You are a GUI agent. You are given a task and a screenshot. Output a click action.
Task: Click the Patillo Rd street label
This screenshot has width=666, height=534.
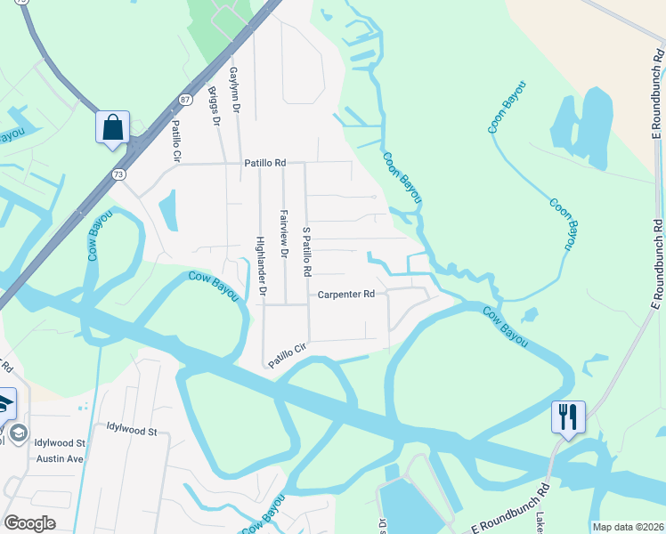[x=266, y=164]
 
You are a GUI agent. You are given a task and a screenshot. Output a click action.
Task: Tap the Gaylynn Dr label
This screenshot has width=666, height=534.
[x=235, y=89]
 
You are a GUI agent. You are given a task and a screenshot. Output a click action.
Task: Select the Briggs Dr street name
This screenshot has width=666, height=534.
[x=214, y=106]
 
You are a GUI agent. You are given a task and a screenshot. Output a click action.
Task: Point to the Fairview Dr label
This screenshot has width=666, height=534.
[x=284, y=234]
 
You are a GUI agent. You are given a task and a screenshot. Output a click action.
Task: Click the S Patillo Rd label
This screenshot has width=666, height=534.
[x=307, y=250]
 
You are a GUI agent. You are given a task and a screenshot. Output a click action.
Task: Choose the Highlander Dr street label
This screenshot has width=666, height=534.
[x=261, y=265]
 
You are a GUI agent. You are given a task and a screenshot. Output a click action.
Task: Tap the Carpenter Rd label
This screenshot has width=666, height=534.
[x=346, y=294]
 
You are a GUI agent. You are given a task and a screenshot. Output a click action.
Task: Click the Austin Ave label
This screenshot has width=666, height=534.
[x=60, y=458]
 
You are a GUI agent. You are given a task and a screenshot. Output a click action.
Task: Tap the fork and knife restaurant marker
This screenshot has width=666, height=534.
[x=568, y=417]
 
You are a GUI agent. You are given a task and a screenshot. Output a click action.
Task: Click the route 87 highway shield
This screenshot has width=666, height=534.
[x=183, y=101]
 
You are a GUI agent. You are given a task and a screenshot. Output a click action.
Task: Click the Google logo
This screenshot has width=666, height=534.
[x=29, y=523]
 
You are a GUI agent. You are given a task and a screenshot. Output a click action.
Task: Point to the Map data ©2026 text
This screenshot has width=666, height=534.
[x=628, y=527]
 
